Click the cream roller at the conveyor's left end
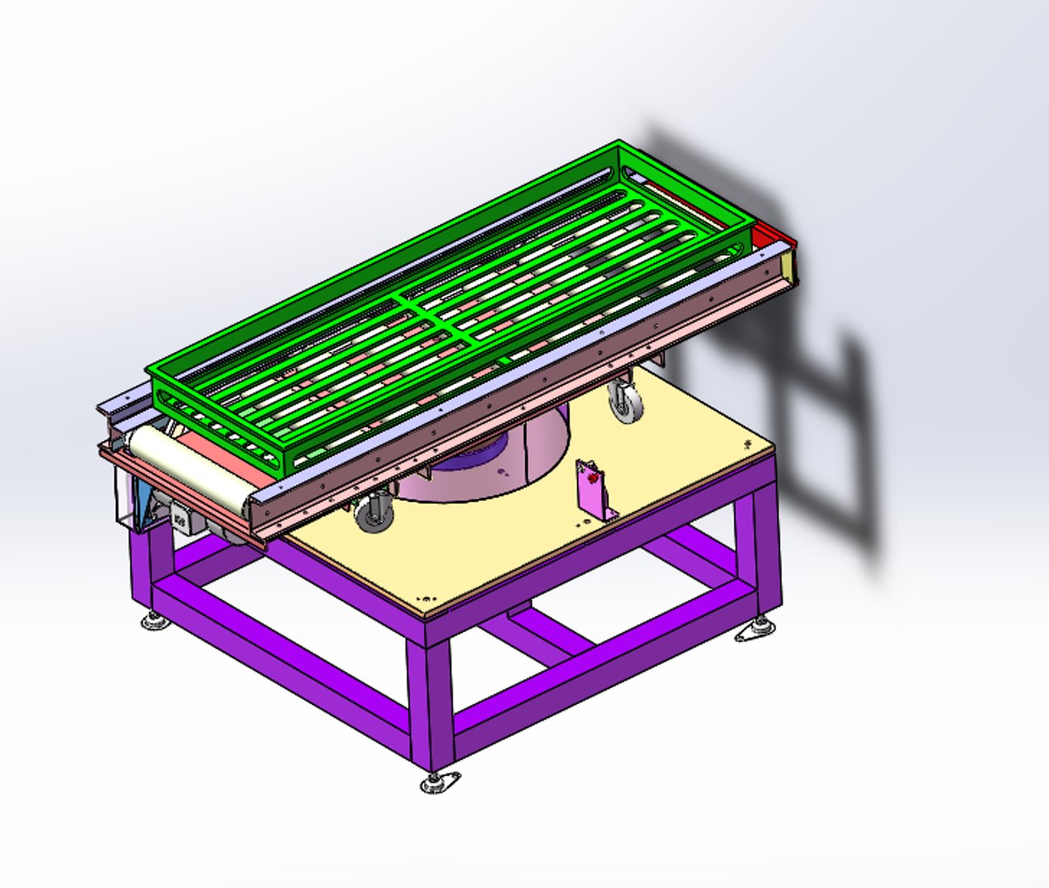189,469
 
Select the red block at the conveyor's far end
773,234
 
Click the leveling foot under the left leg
155,621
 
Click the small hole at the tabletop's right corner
747,445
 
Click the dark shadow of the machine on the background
822,428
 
